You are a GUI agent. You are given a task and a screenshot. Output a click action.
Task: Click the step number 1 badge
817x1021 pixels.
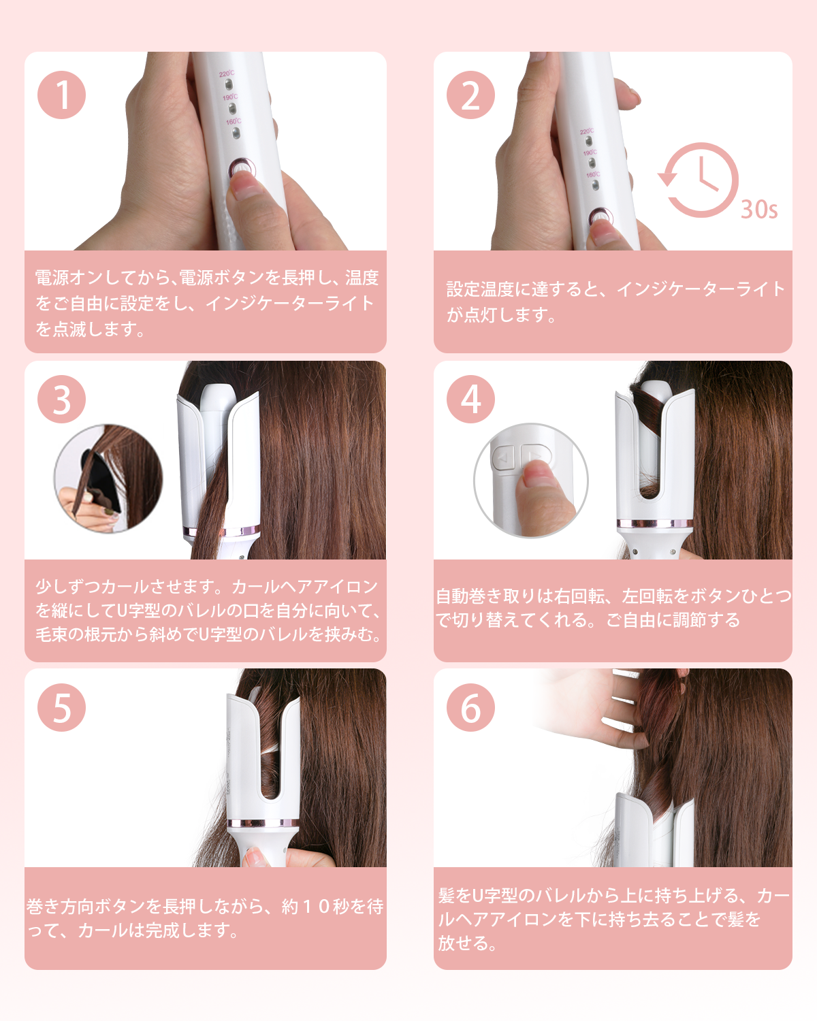[x=62, y=95]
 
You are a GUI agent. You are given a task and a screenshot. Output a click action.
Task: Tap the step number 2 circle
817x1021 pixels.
[x=470, y=95]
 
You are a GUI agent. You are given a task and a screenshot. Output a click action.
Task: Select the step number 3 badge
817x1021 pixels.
[x=62, y=399]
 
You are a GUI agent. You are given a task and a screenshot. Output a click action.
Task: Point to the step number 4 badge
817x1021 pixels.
[x=470, y=399]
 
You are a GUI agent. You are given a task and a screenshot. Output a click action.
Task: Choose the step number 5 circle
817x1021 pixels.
[x=62, y=707]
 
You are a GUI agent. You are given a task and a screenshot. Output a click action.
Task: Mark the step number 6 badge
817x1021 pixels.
[x=470, y=707]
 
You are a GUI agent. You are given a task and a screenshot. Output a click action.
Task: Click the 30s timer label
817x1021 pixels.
[x=759, y=210]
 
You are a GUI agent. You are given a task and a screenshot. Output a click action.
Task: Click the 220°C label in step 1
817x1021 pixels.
[x=227, y=74]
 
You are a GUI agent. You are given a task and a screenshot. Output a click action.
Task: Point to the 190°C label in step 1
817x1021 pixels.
[x=230, y=98]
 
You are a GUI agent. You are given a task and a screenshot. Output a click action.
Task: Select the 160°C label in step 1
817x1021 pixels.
[x=234, y=122]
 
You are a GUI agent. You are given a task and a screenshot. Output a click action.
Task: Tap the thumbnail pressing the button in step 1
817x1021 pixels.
[x=245, y=182]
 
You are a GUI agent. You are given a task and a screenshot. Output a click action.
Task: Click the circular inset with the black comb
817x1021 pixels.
[x=108, y=479]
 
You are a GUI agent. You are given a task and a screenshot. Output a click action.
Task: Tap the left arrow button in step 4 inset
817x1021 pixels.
[x=503, y=458]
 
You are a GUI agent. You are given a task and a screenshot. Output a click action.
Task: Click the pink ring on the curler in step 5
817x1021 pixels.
[x=263, y=823]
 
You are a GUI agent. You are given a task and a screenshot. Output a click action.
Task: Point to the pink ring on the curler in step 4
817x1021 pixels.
[x=655, y=524]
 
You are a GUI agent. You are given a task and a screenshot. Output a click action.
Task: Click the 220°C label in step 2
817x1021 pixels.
[x=587, y=131]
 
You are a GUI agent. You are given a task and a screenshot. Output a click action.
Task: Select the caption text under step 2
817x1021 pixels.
[x=615, y=302]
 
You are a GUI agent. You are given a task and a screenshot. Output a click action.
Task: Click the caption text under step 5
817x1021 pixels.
[x=205, y=918]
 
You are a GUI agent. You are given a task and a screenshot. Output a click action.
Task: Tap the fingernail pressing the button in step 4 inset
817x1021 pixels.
[x=541, y=472]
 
